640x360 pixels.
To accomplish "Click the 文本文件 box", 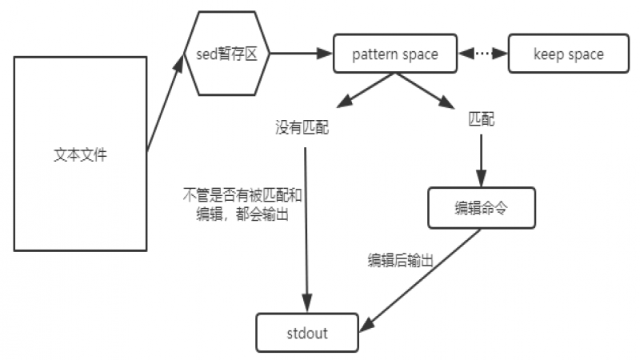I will (x=81, y=154).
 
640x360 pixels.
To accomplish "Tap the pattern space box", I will (x=395, y=54).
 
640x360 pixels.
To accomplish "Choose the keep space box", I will (x=568, y=54).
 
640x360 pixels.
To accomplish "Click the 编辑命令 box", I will (x=481, y=207).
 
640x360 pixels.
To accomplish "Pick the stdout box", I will (x=306, y=333).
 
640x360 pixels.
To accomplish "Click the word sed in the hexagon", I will (x=206, y=54).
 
